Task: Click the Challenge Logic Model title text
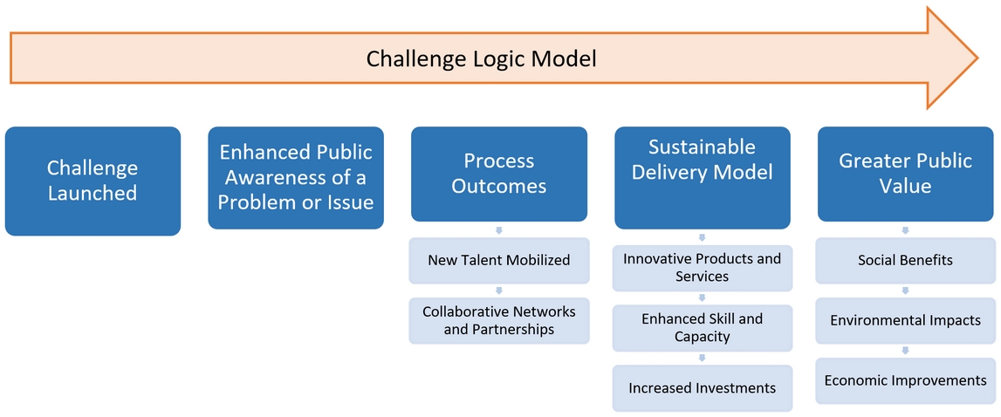pyautogui.click(x=481, y=59)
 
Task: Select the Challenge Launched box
pyautogui.click(x=93, y=181)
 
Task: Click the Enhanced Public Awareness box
pyautogui.click(x=296, y=177)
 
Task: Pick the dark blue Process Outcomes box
pyautogui.click(x=499, y=174)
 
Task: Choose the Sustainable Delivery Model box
pyautogui.click(x=703, y=177)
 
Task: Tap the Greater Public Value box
pyautogui.click(x=905, y=174)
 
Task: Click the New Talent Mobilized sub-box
pyautogui.click(x=499, y=260)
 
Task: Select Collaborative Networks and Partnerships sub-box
pyautogui.click(x=499, y=320)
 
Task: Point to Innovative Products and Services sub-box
pyautogui.click(x=703, y=268)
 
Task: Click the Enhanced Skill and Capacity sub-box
pyautogui.click(x=703, y=327)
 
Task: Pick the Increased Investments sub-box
pyautogui.click(x=703, y=387)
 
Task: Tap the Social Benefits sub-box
pyautogui.click(x=905, y=260)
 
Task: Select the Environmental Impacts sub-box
pyautogui.click(x=905, y=320)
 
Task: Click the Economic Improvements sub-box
pyautogui.click(x=905, y=380)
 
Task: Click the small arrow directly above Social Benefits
pyautogui.click(x=905, y=230)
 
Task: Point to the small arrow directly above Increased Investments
pyautogui.click(x=703, y=358)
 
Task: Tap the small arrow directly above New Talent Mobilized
pyautogui.click(x=499, y=230)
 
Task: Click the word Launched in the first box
pyautogui.click(x=93, y=193)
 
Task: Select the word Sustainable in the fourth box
pyautogui.click(x=703, y=147)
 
